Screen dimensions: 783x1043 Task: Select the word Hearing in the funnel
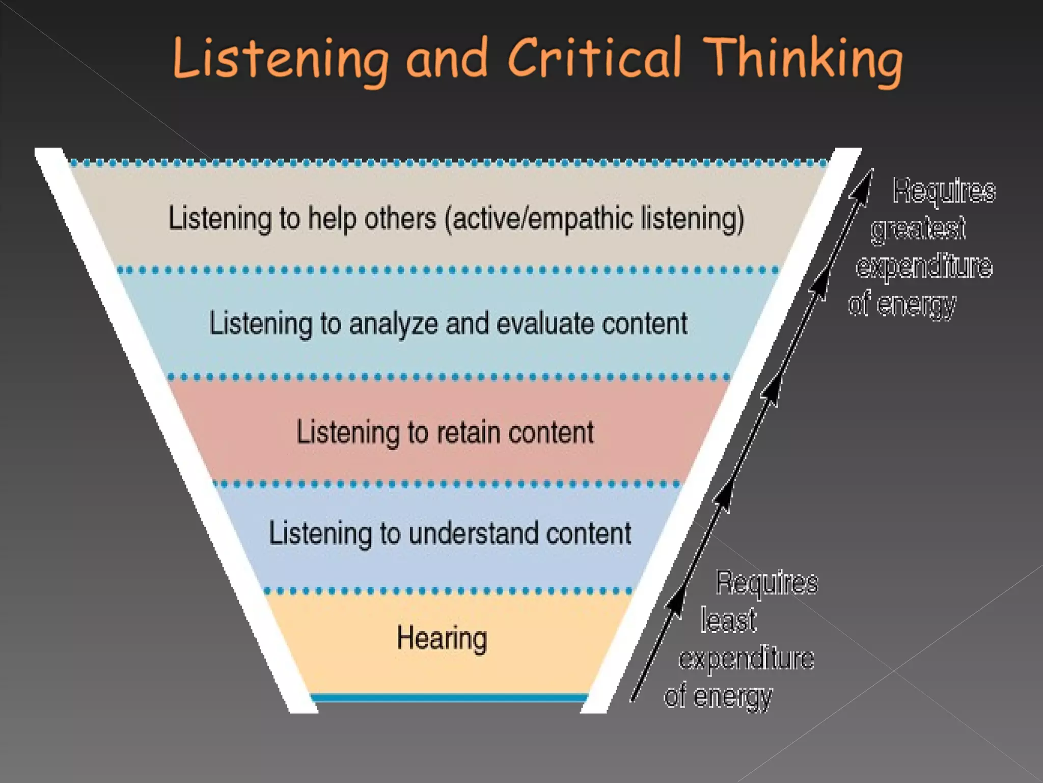pyautogui.click(x=442, y=638)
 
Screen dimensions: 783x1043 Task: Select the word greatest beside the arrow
pyautogui.click(x=918, y=228)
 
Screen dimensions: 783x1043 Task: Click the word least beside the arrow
pyautogui.click(x=728, y=620)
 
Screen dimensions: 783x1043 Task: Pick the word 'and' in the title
pyautogui.click(x=446, y=59)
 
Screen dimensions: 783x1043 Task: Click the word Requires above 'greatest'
pyautogui.click(x=944, y=191)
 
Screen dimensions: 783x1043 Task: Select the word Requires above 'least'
pyautogui.click(x=766, y=583)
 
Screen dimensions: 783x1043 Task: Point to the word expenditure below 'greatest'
pyautogui.click(x=924, y=266)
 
